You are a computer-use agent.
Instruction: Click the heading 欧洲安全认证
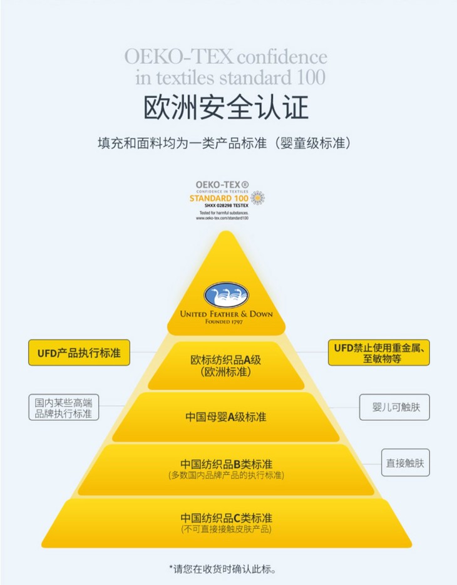227,107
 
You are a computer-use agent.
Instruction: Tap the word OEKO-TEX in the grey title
178,56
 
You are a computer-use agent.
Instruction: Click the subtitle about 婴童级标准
228,142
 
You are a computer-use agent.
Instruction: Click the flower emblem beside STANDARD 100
257,198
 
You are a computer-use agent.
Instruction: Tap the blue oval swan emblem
226,294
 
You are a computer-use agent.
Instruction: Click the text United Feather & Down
226,313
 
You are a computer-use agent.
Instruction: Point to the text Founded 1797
226,321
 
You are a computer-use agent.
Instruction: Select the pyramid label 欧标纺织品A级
226,360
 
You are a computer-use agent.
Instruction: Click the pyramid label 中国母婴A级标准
226,417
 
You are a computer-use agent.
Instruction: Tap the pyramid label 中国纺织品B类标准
226,464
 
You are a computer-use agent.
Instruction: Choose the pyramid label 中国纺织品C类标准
226,519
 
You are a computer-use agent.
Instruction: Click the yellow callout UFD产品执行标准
79,353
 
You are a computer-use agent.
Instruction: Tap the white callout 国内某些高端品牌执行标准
63,408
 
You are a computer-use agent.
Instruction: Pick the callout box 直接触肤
407,463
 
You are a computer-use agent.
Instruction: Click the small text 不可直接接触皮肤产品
226,530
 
